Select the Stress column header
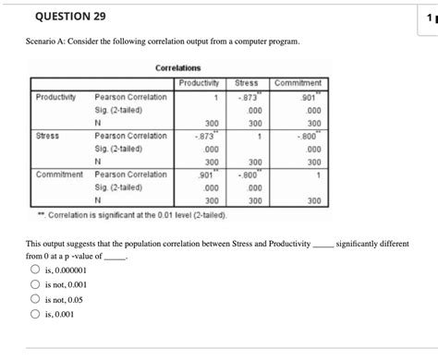[247, 82]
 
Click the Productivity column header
[202, 82]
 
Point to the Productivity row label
[55, 96]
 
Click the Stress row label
[47, 135]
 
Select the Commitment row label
[60, 174]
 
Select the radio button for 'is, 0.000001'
[35, 270]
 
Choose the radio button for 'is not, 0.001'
[35, 285]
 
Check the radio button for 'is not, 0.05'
[35, 300]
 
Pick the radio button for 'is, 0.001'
[35, 315]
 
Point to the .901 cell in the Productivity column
[209, 174]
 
